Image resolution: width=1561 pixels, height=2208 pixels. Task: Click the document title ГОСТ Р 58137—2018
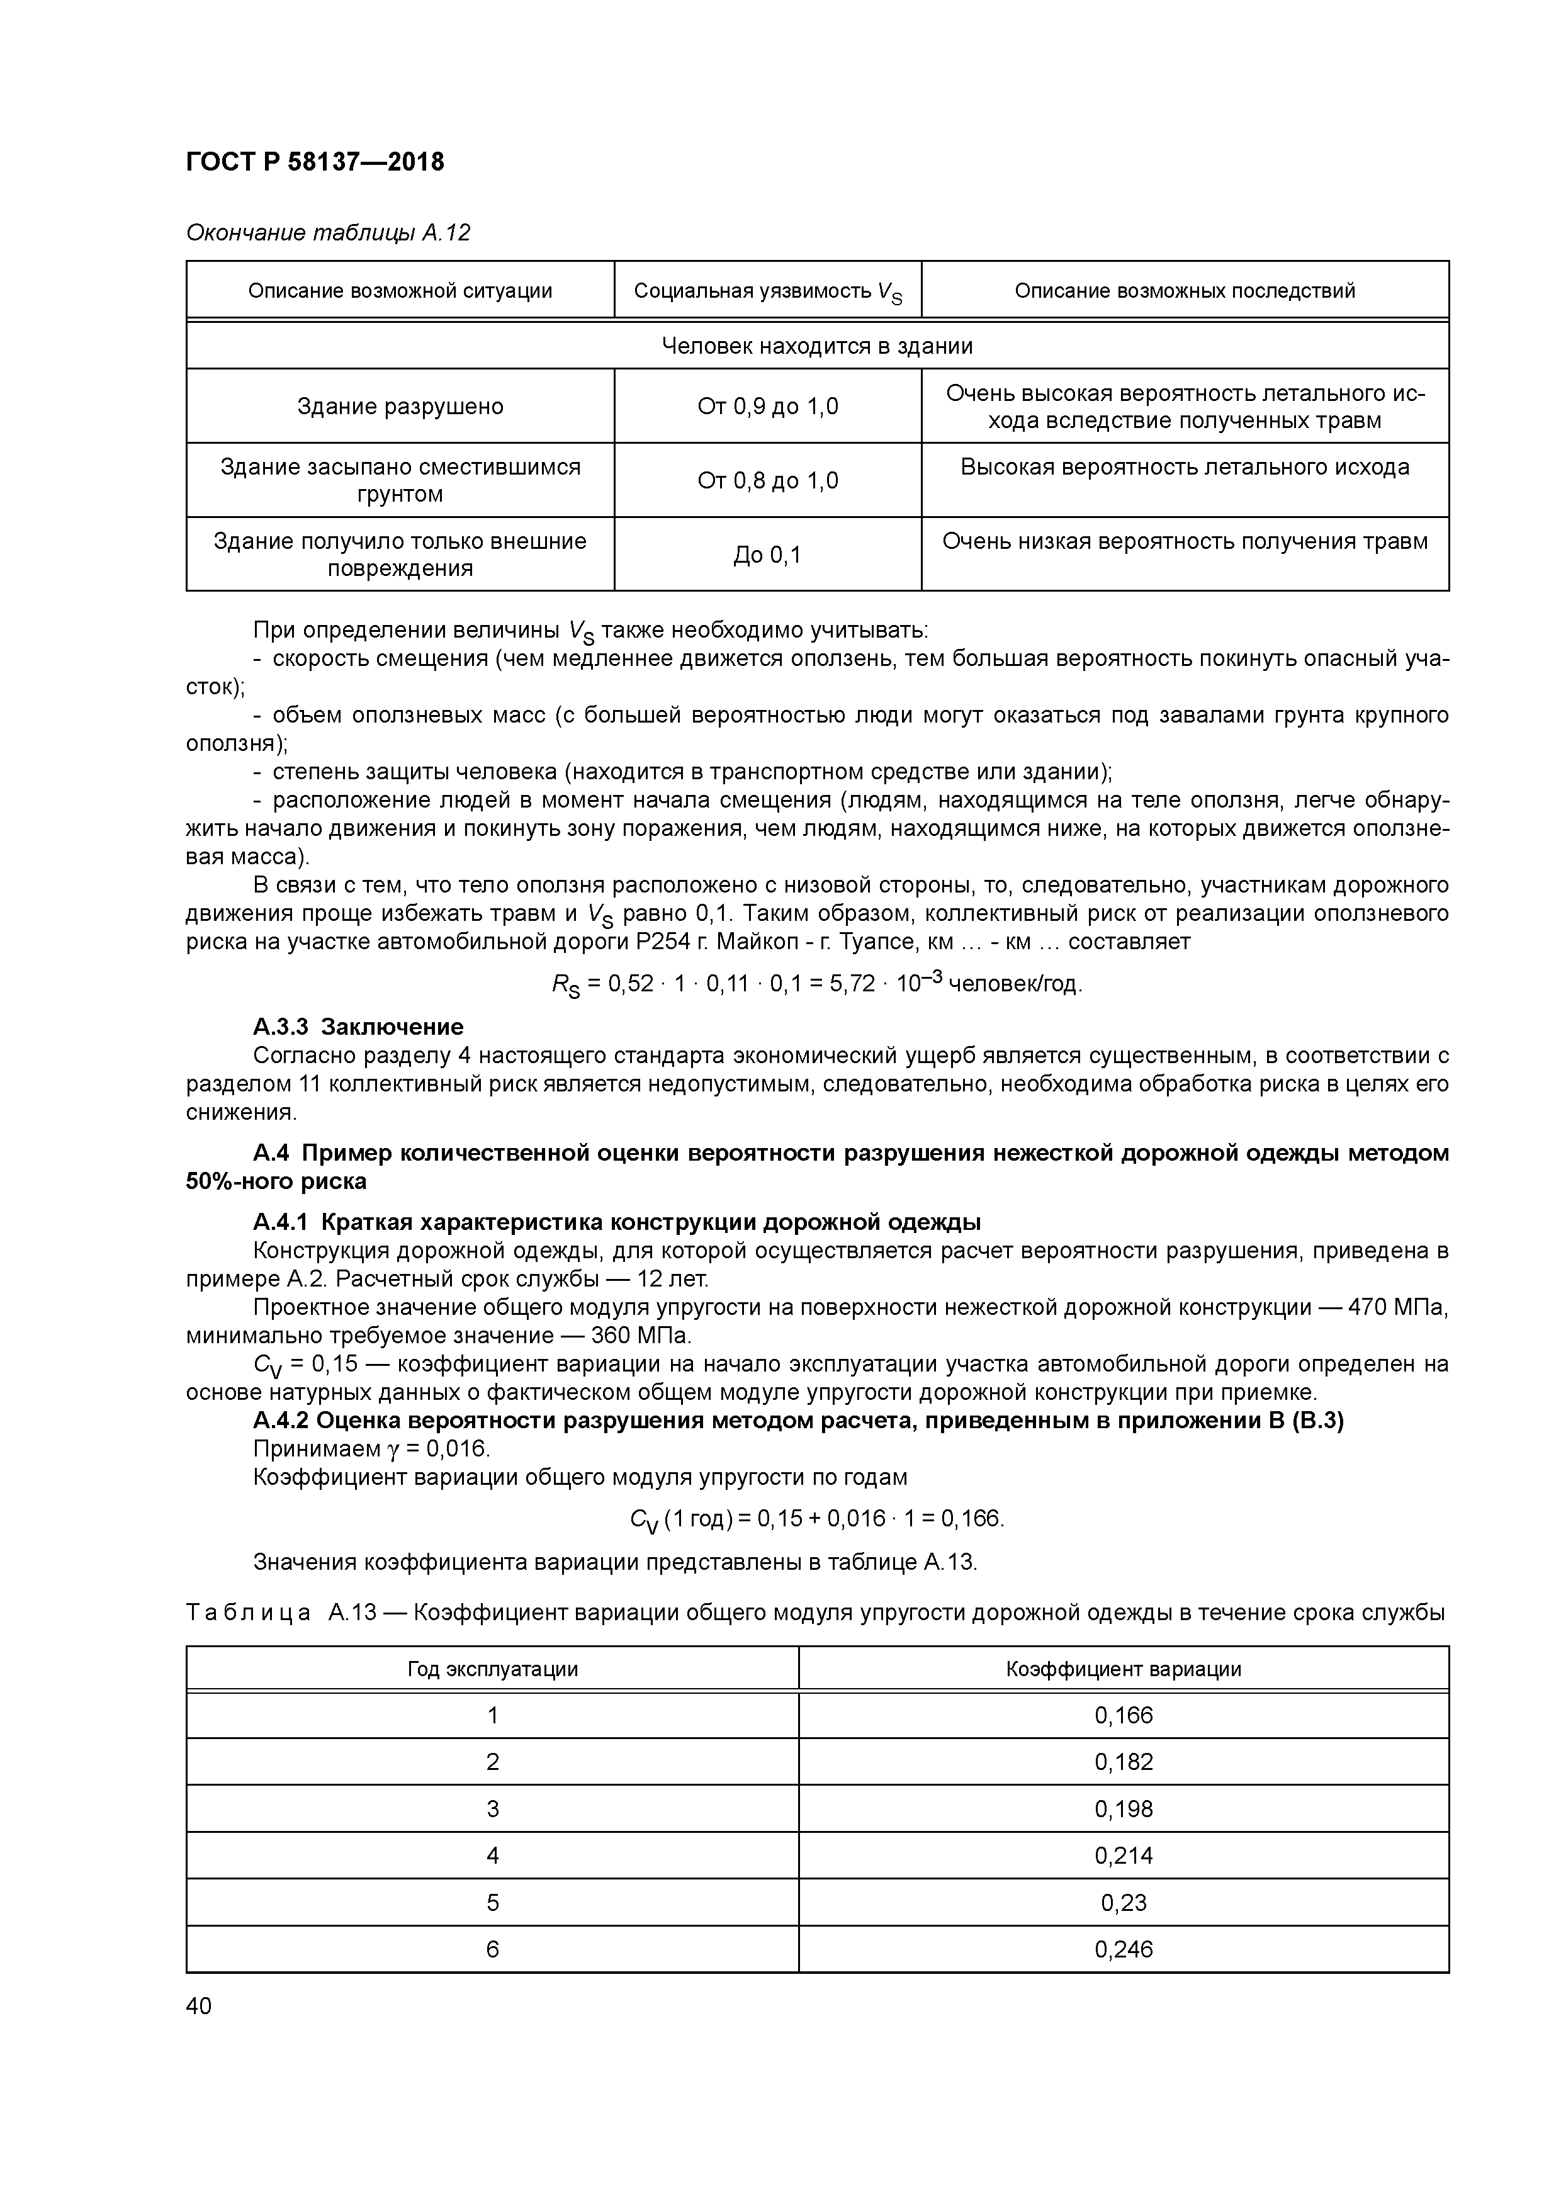pos(315,162)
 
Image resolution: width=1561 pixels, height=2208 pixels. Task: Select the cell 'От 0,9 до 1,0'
pos(767,407)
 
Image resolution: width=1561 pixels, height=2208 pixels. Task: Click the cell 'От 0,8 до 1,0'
pos(767,481)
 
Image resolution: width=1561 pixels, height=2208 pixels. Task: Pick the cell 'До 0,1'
pos(767,555)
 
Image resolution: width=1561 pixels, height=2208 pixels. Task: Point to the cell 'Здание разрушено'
pos(400,407)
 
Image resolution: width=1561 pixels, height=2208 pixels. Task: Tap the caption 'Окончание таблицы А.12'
pos(327,233)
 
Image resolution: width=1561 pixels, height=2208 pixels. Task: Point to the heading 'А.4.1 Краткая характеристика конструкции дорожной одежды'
pos(616,1222)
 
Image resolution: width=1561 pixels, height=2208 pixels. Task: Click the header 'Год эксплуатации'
pos(492,1669)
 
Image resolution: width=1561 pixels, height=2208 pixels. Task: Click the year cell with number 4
pos(492,1855)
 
